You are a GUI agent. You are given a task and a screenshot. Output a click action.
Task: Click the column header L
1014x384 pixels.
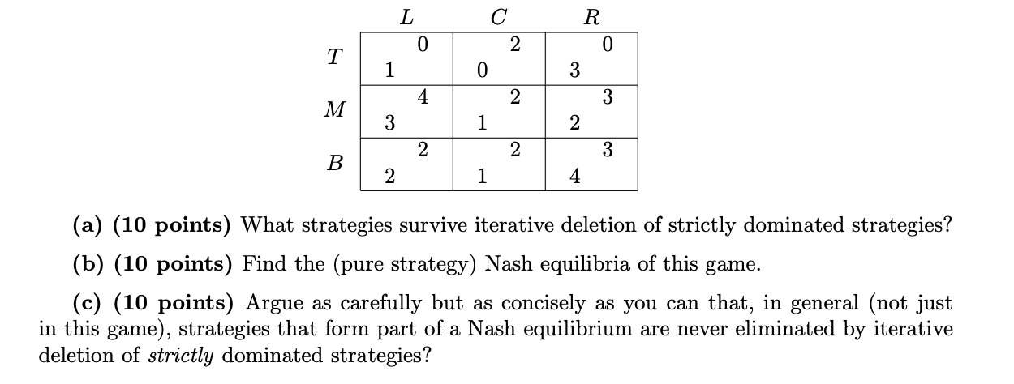pos(407,16)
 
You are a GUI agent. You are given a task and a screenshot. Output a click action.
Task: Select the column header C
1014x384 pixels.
pos(500,16)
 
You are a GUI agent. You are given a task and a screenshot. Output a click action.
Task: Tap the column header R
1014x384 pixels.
pos(591,16)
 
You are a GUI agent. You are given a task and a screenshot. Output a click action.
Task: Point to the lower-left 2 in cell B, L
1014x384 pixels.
pos(389,178)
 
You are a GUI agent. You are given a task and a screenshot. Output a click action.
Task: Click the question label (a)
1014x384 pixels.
pos(87,224)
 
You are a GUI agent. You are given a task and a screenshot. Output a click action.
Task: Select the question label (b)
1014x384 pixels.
pos(88,263)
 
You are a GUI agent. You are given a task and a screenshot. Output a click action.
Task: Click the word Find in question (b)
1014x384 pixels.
pos(260,263)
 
